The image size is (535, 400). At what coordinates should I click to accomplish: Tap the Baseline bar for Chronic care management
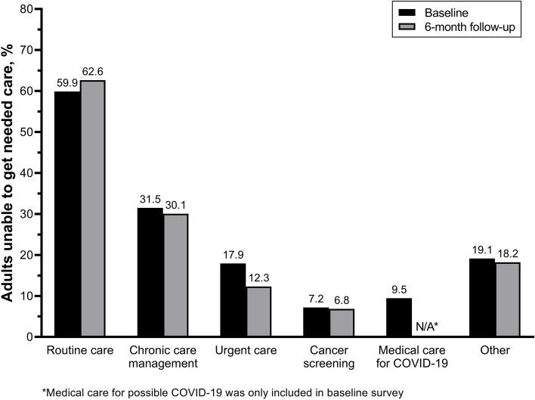(150, 272)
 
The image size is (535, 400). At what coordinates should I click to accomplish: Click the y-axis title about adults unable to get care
(11, 172)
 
